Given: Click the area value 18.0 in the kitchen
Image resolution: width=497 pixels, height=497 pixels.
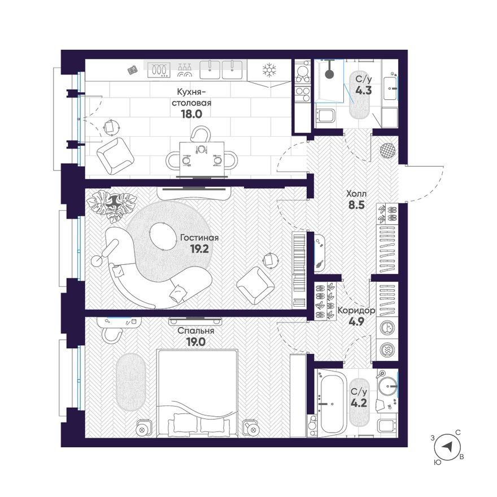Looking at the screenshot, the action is [191, 114].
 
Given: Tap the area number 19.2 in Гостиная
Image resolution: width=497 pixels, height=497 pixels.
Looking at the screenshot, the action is [199, 249].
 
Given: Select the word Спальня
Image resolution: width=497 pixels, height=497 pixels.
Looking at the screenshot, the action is [195, 331].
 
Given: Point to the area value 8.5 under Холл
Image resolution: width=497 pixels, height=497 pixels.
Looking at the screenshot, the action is [356, 205].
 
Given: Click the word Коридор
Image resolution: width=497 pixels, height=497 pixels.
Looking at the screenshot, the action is [356, 310].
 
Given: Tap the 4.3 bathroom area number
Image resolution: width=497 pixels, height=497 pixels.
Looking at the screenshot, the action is [363, 90].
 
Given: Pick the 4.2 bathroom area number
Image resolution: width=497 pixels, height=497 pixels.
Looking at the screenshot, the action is [359, 403].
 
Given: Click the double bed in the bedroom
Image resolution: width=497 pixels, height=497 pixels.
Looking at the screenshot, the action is [198, 393].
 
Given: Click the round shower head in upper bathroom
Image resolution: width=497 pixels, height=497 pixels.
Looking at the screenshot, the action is [330, 74].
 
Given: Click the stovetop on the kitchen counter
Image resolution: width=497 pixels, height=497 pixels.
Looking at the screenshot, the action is [159, 70].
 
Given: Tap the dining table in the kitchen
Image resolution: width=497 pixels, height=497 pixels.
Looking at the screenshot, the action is [202, 159].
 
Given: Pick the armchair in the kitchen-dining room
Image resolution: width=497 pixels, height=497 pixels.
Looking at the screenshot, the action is [114, 156].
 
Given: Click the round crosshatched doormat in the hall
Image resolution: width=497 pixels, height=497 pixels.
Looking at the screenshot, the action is [387, 150].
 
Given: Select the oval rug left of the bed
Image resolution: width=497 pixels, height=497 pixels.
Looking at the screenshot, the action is [130, 382].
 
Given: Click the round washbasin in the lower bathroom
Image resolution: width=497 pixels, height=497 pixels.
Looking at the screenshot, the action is [387, 387].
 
